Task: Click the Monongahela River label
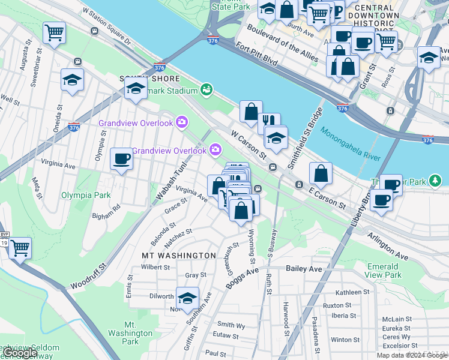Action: click(x=351, y=143)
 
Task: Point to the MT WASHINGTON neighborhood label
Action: click(x=178, y=256)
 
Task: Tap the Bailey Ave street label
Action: click(x=304, y=269)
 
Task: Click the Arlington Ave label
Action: click(x=387, y=242)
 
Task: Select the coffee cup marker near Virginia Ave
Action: click(x=122, y=159)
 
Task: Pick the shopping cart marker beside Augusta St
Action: click(x=55, y=33)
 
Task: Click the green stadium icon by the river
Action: click(x=206, y=90)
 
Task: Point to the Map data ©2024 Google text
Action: click(x=411, y=355)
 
